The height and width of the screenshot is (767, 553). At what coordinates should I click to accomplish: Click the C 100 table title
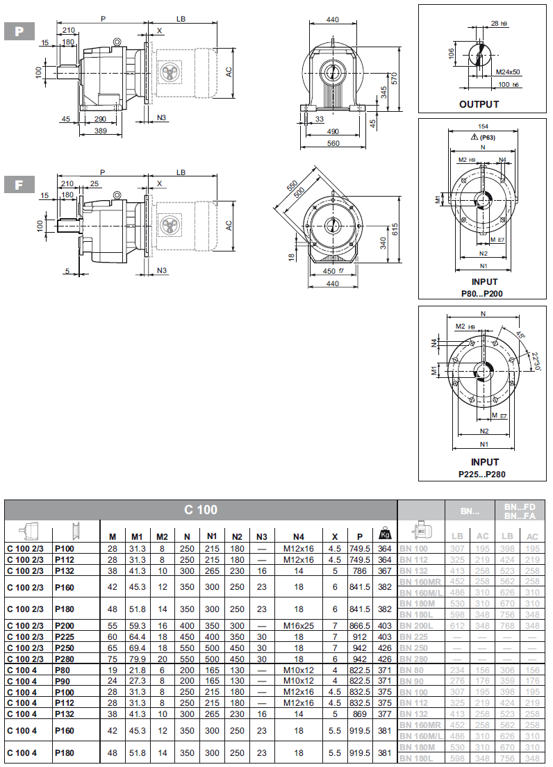click(x=201, y=510)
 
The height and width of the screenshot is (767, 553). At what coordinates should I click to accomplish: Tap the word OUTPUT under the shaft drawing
click(x=479, y=104)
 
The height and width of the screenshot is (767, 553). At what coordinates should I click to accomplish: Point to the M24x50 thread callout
click(x=508, y=72)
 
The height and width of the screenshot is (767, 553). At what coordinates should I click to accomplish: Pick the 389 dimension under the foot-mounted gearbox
click(x=101, y=131)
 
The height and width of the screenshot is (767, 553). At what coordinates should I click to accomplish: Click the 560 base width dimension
click(x=333, y=143)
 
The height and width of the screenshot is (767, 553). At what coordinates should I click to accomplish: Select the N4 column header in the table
click(x=299, y=536)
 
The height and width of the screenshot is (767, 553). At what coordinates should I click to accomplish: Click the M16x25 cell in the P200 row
click(x=299, y=625)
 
